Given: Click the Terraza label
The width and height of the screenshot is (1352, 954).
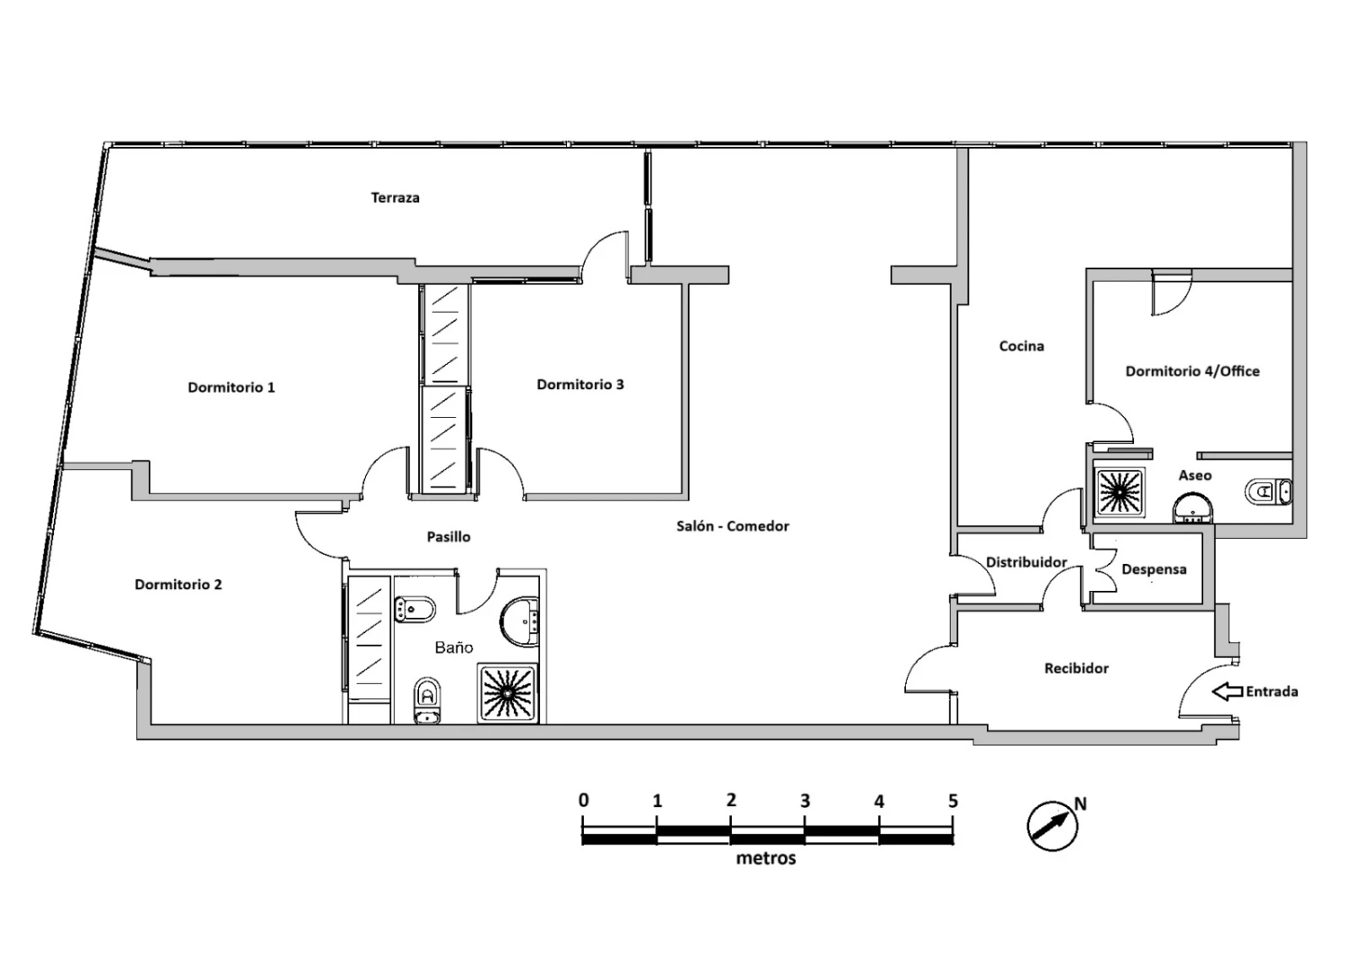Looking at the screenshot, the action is coord(395,197).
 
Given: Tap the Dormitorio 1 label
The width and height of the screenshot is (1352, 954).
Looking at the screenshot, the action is coord(231,387).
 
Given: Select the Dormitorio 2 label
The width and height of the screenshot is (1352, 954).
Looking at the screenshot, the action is coord(178,585).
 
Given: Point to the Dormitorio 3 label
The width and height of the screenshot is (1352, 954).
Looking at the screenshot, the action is coord(580,385).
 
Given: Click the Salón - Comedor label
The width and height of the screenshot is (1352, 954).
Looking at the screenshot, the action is coord(732,526).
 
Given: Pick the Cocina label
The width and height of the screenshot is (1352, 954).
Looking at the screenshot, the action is coord(1021,346).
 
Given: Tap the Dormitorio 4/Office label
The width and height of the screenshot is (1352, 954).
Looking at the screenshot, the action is coord(1192,371).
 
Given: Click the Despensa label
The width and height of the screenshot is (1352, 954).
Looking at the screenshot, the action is coord(1154,569).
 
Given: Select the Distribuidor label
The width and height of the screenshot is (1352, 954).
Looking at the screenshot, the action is coord(1026,562).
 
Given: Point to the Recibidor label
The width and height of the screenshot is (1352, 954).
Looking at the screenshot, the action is coord(1076,668).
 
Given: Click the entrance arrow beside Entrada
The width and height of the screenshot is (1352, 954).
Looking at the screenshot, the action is coord(1228,692).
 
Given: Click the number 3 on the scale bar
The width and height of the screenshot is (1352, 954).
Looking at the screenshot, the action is coord(805,802).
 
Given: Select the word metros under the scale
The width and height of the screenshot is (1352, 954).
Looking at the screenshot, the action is coord(766,858).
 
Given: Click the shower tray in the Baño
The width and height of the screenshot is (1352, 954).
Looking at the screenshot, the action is coord(507,694).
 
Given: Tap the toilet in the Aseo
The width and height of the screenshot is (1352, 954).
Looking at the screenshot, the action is coord(1268,492).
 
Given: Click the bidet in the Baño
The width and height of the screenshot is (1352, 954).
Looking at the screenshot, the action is coord(415,610).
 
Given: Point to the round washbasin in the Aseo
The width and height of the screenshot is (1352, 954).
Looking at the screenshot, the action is coord(1192,509).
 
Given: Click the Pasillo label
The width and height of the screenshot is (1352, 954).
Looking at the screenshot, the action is coord(449,537).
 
